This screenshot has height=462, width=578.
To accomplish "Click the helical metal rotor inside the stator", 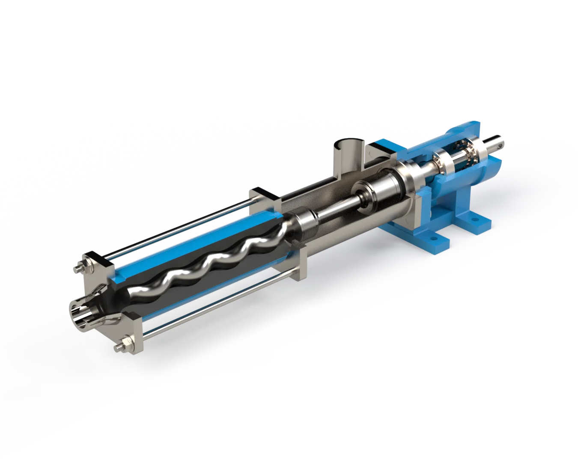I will [206, 265].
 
